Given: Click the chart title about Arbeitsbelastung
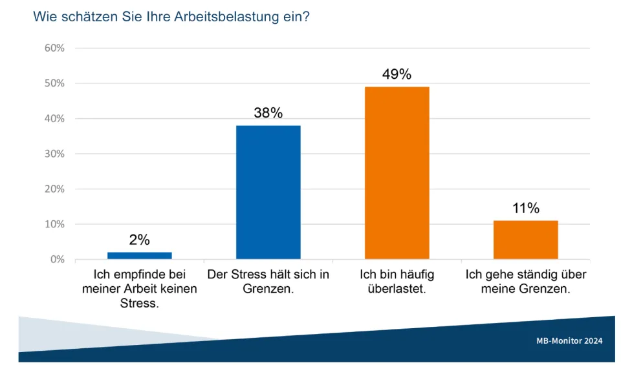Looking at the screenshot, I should click(x=171, y=17).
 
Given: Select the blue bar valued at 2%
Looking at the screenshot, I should click(x=139, y=255).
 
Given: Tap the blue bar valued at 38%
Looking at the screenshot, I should click(x=268, y=192).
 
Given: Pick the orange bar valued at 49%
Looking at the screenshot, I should click(x=397, y=172).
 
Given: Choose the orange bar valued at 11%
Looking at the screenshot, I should click(x=525, y=240).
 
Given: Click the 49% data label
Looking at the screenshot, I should click(x=397, y=74).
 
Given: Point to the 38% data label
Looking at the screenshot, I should click(x=268, y=113).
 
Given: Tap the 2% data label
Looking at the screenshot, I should click(x=139, y=240).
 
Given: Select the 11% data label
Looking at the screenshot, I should click(x=525, y=208).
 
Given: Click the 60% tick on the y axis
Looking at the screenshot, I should click(x=54, y=48).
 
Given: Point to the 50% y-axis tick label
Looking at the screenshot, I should click(x=54, y=83).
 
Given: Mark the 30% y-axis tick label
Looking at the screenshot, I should click(x=54, y=154).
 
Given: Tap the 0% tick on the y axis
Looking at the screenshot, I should click(x=56, y=259).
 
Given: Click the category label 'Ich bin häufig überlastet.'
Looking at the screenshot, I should click(x=397, y=282).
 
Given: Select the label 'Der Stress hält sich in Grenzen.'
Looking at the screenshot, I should click(x=268, y=282).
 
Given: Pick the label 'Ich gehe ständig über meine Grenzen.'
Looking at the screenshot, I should click(x=525, y=282).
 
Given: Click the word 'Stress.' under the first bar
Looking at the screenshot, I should click(x=139, y=304).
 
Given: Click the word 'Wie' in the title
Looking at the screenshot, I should click(x=44, y=17).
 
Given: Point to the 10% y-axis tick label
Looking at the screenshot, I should click(x=54, y=224).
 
